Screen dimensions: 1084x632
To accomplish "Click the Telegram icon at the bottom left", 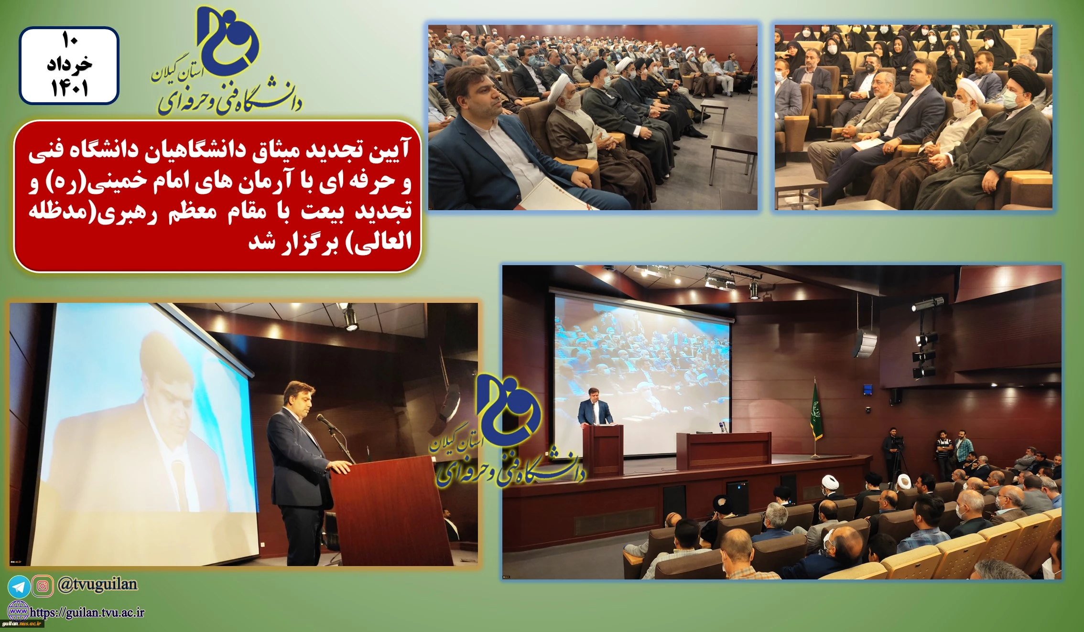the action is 19,587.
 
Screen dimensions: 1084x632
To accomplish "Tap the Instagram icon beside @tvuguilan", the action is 43,586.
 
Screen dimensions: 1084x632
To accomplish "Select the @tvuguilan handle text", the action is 98,585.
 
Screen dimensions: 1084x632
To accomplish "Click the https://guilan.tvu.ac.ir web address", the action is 87,612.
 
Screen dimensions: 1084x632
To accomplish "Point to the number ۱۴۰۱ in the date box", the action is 69,88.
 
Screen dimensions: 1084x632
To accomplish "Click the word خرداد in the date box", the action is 69,64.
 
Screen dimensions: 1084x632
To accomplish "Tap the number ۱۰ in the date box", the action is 70,41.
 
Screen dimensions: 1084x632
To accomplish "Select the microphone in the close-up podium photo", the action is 327,422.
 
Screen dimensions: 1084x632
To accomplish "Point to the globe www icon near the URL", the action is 19,611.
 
